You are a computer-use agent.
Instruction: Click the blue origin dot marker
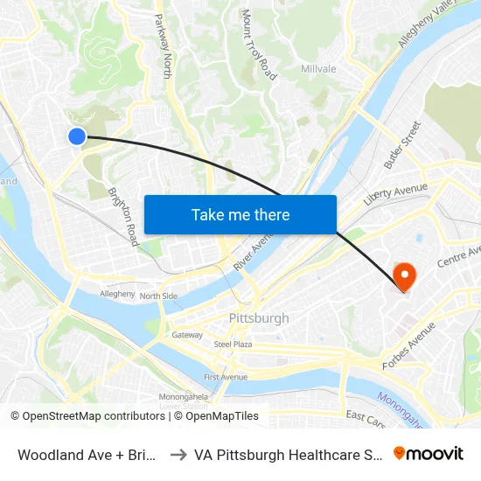[x=77, y=136]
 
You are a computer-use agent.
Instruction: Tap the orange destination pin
[x=404, y=275]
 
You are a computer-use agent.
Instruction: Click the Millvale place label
[x=318, y=69]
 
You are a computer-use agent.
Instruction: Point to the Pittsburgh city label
[x=258, y=317]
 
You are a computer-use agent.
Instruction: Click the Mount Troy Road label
[x=259, y=45]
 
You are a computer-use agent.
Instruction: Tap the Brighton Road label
[x=123, y=216]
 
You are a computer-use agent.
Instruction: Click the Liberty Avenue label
[x=395, y=193]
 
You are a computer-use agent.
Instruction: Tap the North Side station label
[x=158, y=296]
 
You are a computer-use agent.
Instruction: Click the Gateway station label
[x=187, y=335]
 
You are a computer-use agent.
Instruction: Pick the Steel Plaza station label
[x=233, y=345]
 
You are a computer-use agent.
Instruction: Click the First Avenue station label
[x=226, y=377]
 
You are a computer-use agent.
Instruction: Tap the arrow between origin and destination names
[x=175, y=454]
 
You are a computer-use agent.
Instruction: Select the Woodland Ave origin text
[x=87, y=454]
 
